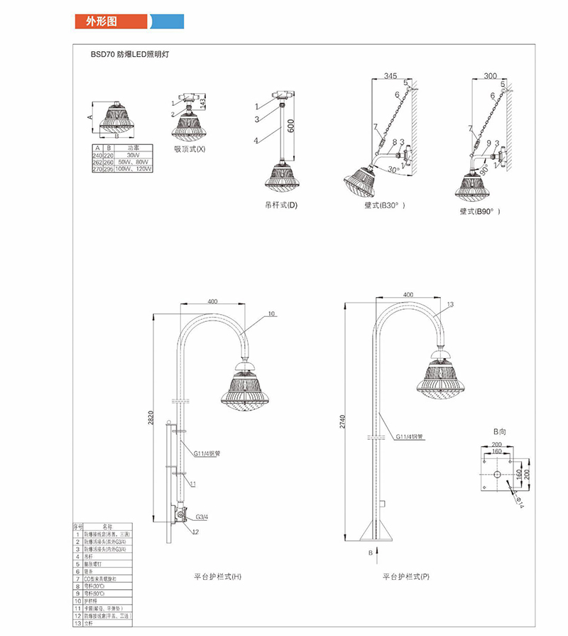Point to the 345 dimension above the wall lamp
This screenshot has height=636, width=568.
(390, 76)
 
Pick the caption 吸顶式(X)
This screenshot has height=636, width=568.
(190, 149)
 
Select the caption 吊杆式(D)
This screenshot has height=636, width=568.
(281, 205)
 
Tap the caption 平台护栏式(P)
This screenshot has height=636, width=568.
(406, 577)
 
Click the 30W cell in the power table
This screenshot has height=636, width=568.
(133, 155)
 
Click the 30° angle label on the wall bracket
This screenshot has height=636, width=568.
(384, 171)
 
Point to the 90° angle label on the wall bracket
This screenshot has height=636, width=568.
(485, 171)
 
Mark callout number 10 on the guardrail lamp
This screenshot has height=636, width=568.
(271, 313)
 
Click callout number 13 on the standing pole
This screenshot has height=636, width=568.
(450, 305)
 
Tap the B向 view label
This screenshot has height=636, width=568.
(500, 431)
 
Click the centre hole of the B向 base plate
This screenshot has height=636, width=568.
(497, 474)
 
